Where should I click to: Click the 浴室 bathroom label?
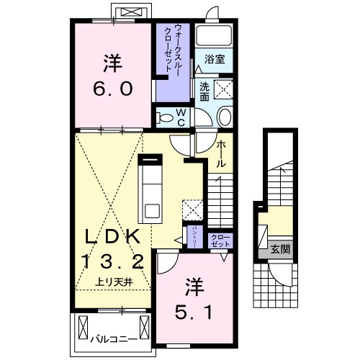212,60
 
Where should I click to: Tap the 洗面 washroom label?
204,91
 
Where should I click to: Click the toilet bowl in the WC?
163,117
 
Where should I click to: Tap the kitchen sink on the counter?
153,210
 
